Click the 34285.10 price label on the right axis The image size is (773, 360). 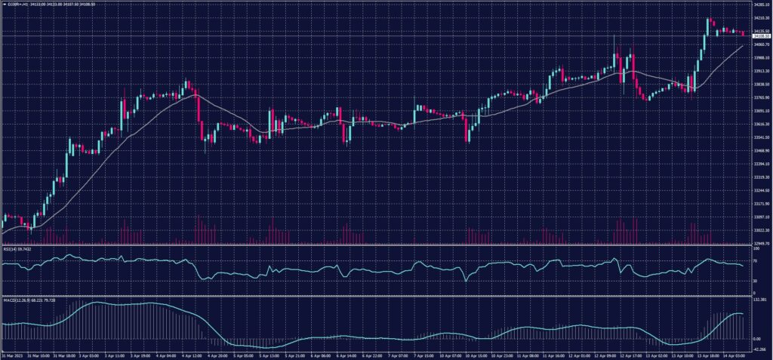(x=760, y=5)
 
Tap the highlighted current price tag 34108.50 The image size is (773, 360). (x=760, y=35)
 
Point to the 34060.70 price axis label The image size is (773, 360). (x=760, y=45)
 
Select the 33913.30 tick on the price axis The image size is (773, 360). (x=760, y=71)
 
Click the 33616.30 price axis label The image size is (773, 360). (x=760, y=125)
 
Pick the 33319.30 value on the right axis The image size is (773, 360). (x=760, y=177)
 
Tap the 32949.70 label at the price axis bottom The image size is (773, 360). (x=760, y=244)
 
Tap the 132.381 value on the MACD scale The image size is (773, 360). (x=759, y=299)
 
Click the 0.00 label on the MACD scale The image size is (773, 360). (x=756, y=339)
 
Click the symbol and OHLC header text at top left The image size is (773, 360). (x=45, y=5)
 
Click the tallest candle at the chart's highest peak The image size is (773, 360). (x=708, y=26)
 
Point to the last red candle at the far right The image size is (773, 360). (x=743, y=32)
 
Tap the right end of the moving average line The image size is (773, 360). (x=743, y=45)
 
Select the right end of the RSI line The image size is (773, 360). (x=743, y=266)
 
